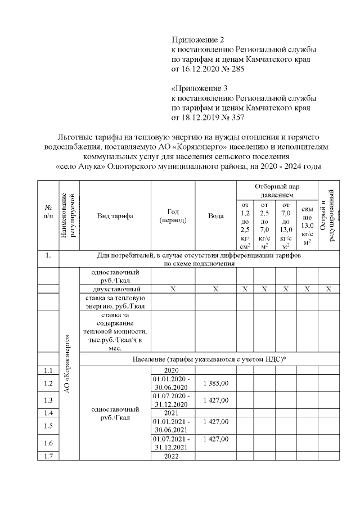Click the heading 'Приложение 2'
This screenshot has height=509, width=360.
click(x=197, y=40)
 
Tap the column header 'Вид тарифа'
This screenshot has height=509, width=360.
click(x=115, y=216)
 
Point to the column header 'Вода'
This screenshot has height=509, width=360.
click(x=215, y=216)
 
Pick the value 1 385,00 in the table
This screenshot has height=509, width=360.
click(x=215, y=383)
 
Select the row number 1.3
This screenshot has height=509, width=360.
click(x=48, y=400)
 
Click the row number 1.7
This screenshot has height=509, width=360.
click(x=48, y=456)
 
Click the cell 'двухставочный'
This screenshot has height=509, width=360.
click(x=115, y=289)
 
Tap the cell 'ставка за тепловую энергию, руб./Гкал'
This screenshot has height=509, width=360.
click(x=115, y=301)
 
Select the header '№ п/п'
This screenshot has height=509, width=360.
click(x=48, y=216)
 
